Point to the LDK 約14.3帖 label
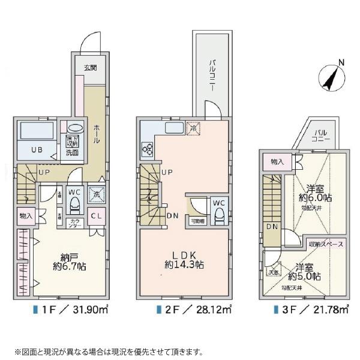(184, 259)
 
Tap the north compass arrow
(329, 76)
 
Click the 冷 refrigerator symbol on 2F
(193, 128)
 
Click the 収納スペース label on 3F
(326, 245)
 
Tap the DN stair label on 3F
(272, 227)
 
